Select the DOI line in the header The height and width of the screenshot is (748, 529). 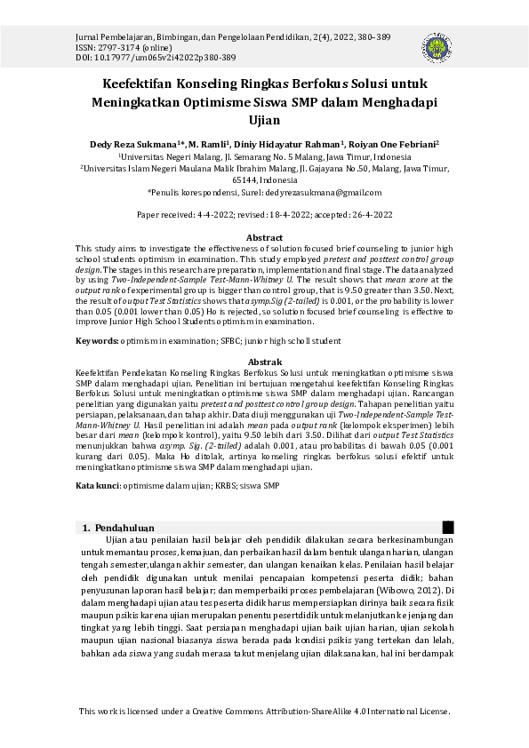tap(156, 58)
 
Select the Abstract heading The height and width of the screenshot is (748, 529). tap(264, 238)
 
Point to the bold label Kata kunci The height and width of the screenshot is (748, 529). tap(98, 486)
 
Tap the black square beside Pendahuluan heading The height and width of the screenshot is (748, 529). tap(448, 528)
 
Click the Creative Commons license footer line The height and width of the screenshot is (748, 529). tap(264, 712)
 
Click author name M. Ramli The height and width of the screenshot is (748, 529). tap(208, 143)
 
